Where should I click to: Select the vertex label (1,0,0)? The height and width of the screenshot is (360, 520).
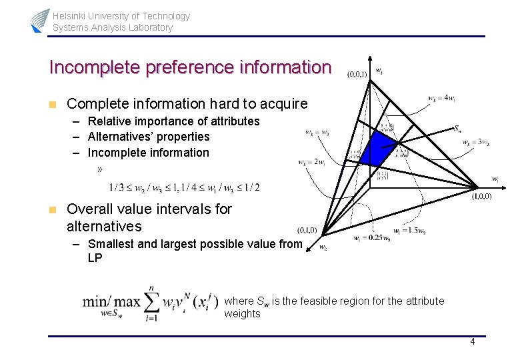482,196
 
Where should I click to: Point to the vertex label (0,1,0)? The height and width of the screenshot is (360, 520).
307,230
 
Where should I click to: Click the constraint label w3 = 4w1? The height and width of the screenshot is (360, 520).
441,99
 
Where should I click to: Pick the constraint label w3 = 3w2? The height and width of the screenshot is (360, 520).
475,142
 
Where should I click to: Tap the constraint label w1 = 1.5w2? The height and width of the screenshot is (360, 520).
409,231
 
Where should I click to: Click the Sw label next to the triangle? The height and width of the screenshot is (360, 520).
459,127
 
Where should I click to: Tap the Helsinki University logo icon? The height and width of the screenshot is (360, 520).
39,21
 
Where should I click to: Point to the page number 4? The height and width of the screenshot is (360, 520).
472,342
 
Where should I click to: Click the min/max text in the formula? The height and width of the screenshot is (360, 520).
111,301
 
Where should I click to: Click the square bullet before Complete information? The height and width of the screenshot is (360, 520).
52,104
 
